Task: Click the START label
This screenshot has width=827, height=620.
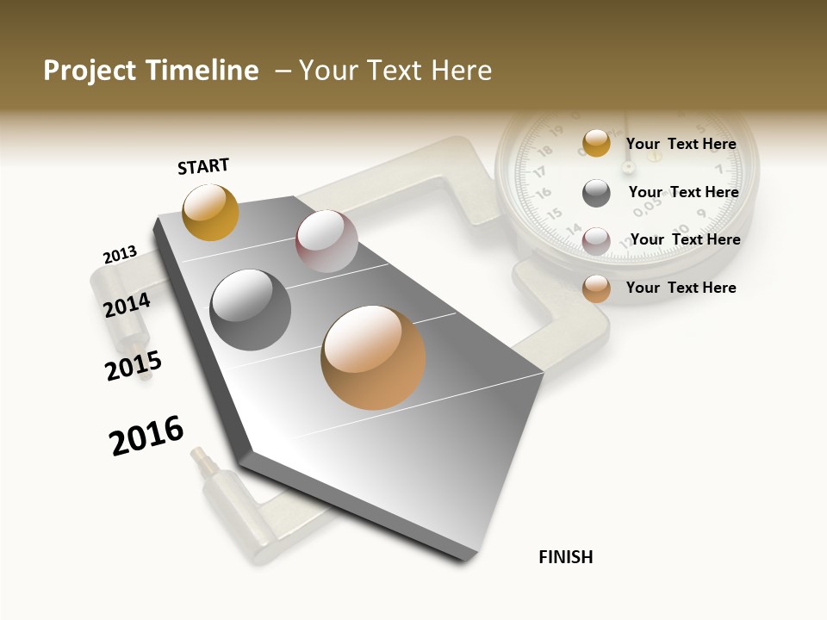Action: point(203,166)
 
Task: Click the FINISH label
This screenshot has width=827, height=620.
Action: point(566,557)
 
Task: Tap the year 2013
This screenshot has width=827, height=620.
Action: point(120,255)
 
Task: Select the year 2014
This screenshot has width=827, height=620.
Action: point(127,305)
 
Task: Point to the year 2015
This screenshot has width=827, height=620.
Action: point(133,366)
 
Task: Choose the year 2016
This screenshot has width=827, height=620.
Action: point(146,436)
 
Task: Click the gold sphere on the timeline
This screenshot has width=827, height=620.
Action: point(210,212)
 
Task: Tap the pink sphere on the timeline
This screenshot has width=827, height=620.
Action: point(326,241)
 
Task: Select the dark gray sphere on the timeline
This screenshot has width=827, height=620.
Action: point(251,309)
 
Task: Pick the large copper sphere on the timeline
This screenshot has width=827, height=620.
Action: point(373,357)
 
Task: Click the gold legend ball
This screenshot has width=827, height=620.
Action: point(596,143)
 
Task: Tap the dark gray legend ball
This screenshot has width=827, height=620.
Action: point(596,193)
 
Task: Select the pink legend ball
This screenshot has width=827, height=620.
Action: point(596,241)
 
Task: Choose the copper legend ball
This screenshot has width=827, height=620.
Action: point(596,289)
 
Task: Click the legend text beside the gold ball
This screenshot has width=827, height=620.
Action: point(681,144)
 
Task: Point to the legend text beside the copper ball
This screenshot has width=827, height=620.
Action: point(681,288)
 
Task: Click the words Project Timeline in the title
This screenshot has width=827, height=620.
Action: point(151,71)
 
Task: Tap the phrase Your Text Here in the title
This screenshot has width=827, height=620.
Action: point(395,71)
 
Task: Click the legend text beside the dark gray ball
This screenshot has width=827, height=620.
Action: point(684,192)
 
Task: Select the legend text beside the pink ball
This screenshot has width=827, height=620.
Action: point(686,239)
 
